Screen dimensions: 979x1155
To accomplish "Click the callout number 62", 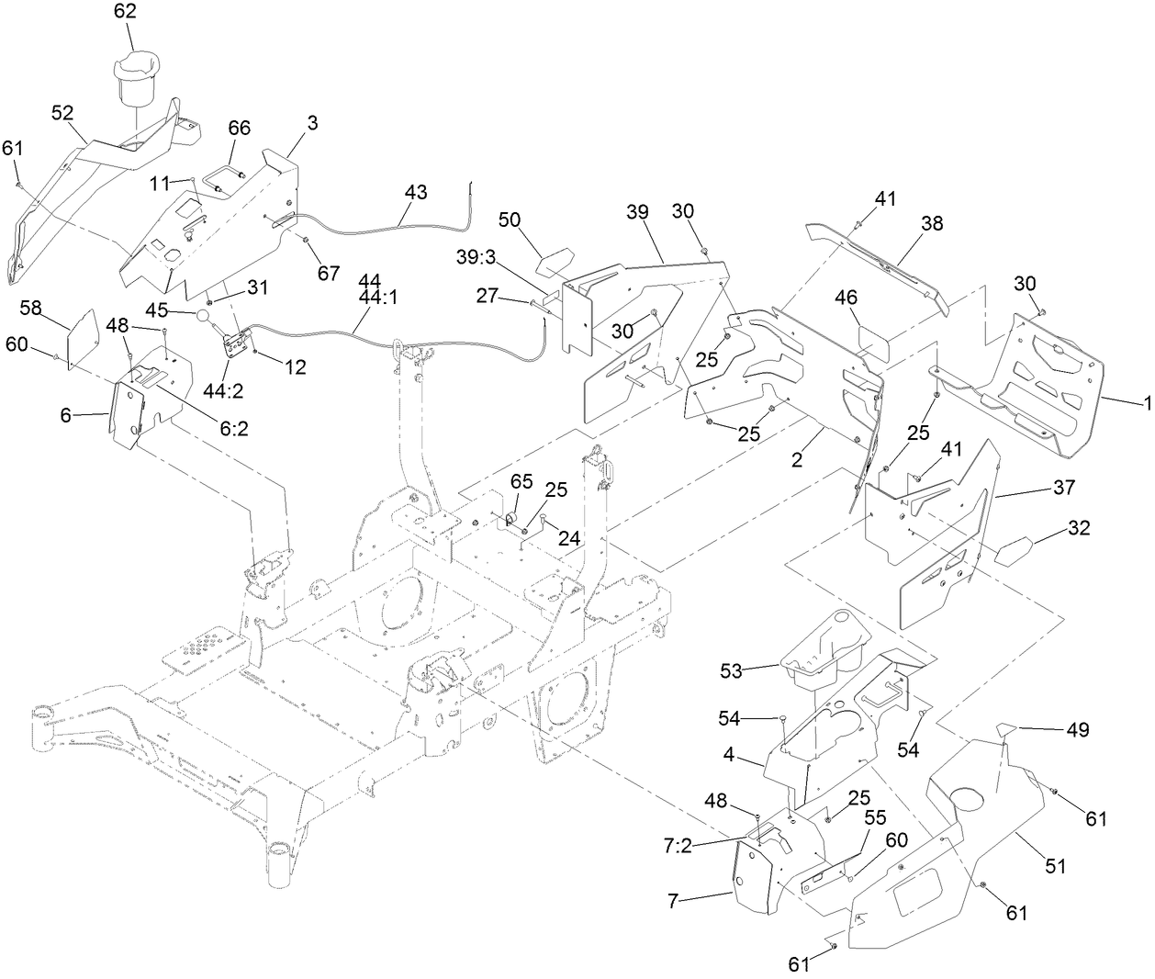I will coord(125,12).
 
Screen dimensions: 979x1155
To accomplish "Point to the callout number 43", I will coord(415,193).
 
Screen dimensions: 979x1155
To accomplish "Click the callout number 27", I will coord(488,295).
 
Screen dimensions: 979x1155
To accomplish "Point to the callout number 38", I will coord(932,223).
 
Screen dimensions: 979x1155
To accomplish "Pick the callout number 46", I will coord(845,297).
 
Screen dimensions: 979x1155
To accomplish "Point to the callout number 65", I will coord(521,481).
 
